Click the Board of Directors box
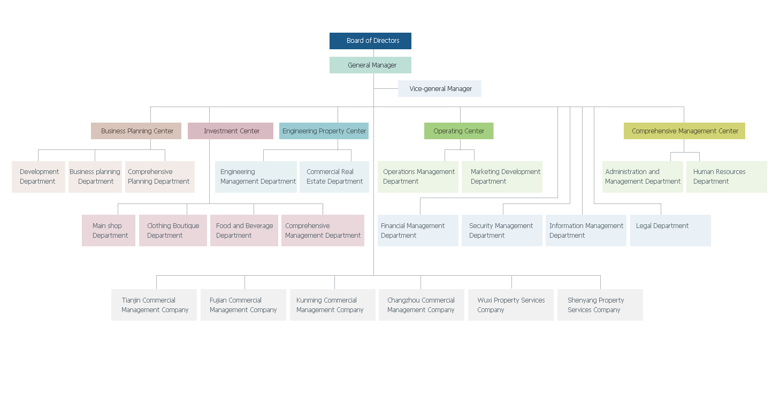tap(370, 41)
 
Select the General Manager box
tap(370, 65)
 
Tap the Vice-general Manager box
tap(439, 88)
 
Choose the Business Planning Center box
tap(136, 131)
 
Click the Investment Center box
tap(231, 131)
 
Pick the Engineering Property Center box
tap(324, 131)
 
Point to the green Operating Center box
tap(458, 131)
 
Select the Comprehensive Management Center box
tap(684, 131)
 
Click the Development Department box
tap(39, 177)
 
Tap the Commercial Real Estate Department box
tap(334, 177)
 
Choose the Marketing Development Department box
tap(502, 177)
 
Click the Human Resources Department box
tap(727, 177)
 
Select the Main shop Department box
tap(109, 230)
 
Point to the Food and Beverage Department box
tap(244, 230)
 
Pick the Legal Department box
tap(670, 230)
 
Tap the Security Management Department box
tap(502, 230)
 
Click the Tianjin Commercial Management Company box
tap(154, 305)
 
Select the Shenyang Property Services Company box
tap(600, 305)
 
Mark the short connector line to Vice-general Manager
tap(386, 88)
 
